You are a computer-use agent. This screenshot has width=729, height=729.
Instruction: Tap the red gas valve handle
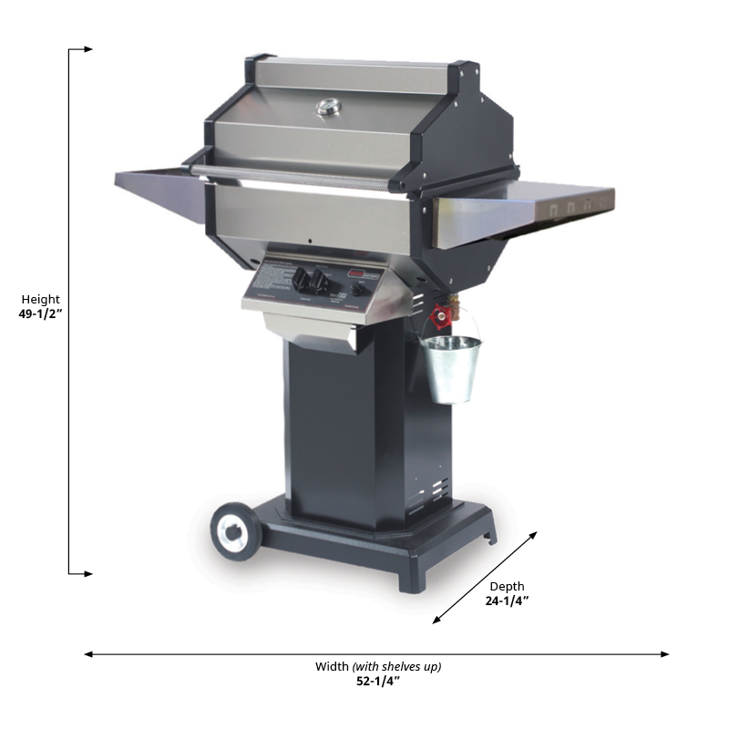point(442,317)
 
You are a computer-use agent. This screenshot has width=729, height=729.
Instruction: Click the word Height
point(40,299)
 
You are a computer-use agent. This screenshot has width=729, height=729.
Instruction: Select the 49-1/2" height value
point(40,313)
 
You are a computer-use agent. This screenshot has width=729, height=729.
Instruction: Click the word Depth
point(507,586)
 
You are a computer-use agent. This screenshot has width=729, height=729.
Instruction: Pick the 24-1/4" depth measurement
point(507,601)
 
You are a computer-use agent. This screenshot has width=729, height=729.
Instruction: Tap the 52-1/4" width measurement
point(378,681)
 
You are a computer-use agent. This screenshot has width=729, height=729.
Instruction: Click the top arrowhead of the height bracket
point(87,49)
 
